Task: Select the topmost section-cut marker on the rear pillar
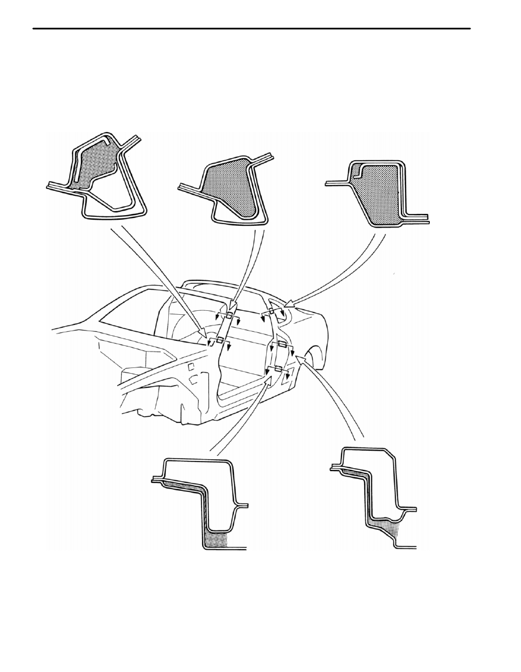pyautogui.click(x=272, y=312)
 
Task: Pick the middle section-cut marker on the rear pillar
pyautogui.click(x=281, y=344)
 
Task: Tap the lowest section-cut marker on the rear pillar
pyautogui.click(x=277, y=369)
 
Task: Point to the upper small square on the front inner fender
pyautogui.click(x=193, y=367)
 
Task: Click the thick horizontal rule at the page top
pyautogui.click(x=252, y=28)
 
